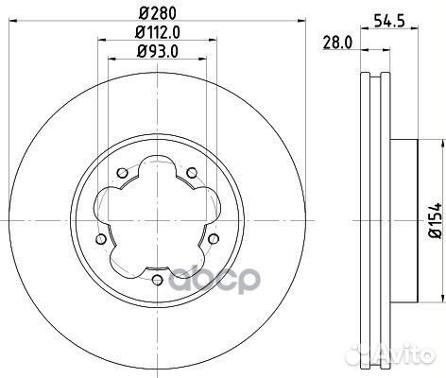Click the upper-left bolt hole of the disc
click(123, 172)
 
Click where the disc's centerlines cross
click(157, 220)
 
